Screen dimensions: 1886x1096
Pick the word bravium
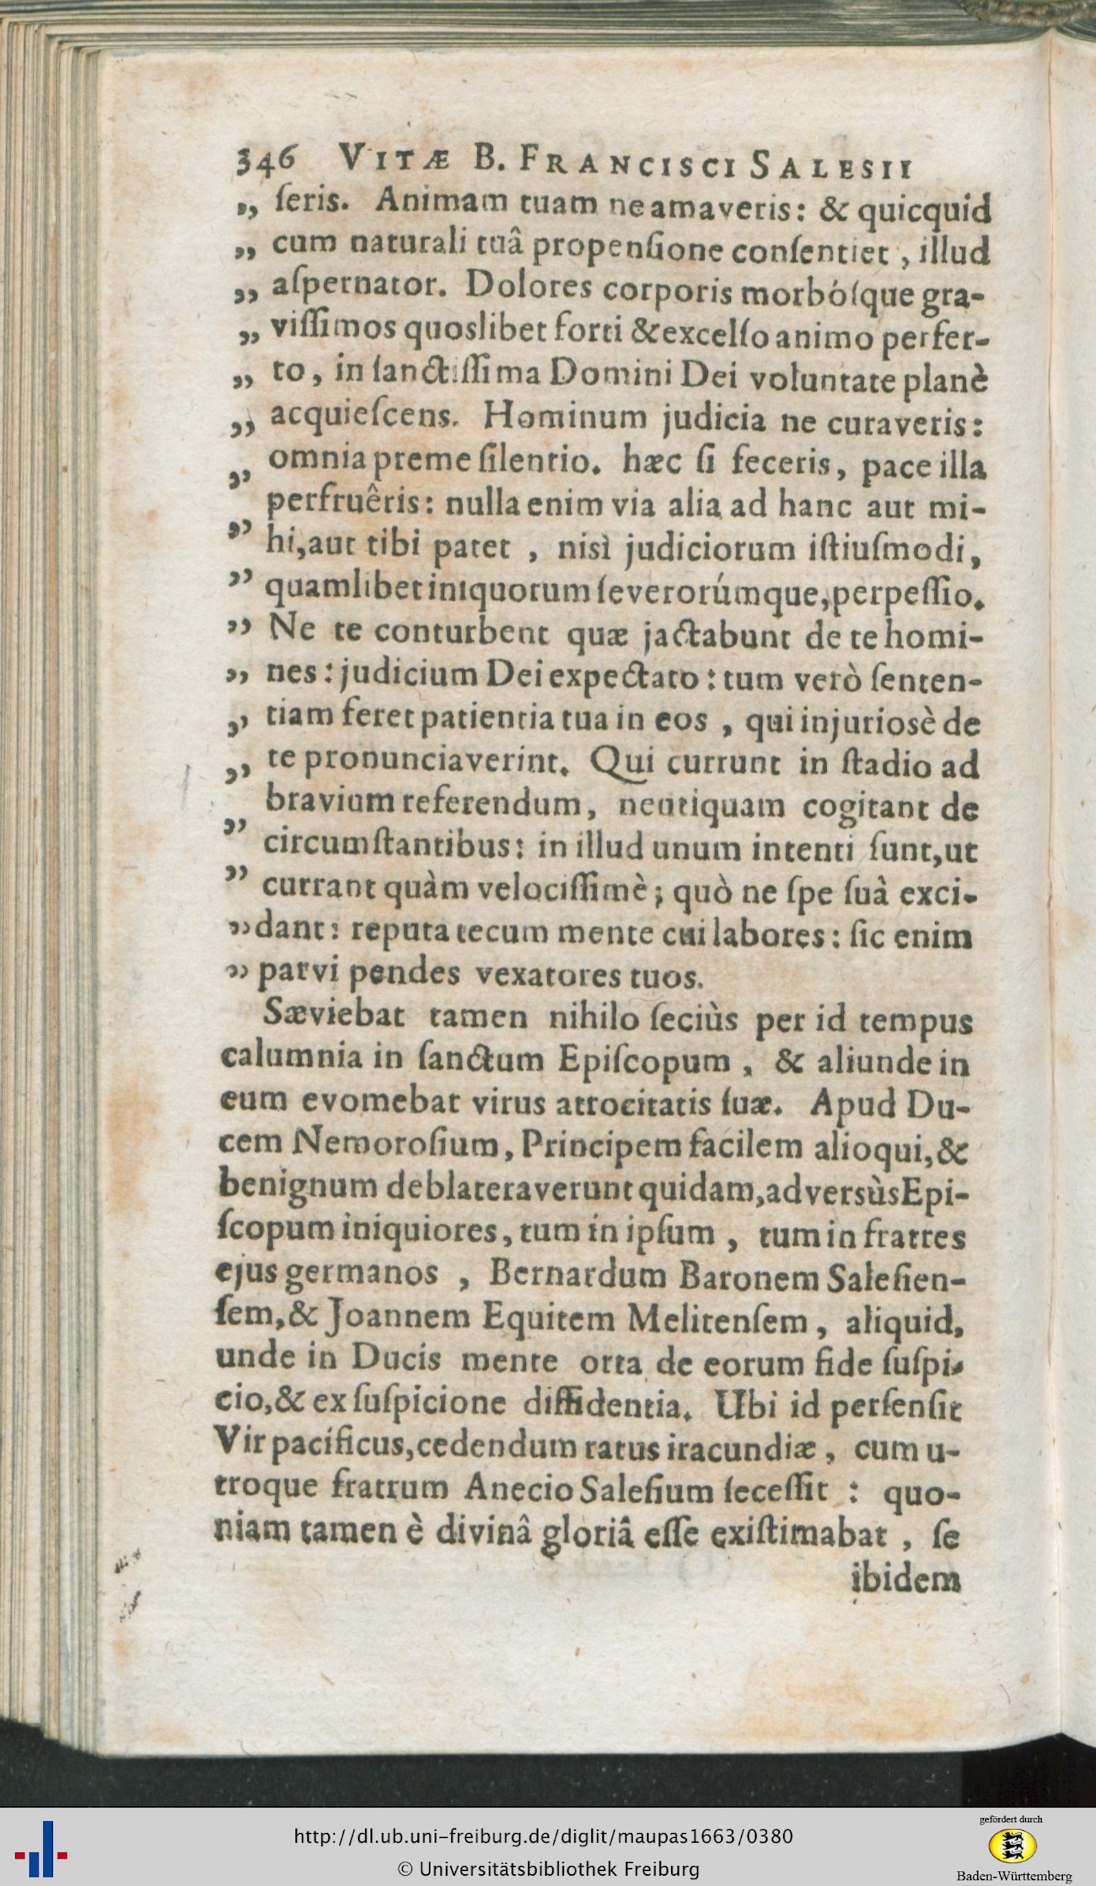(327, 806)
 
